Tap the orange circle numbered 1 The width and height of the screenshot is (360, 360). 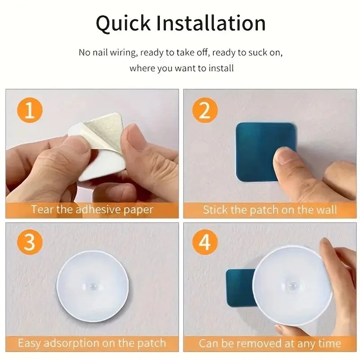coord(30,111)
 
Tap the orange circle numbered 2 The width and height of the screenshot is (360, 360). coord(205,111)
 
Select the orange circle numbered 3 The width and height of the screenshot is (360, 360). coord(30,243)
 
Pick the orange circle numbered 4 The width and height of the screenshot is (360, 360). coord(205,243)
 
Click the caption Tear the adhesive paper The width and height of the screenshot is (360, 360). coord(92,210)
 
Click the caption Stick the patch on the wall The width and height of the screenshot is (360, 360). coord(270,210)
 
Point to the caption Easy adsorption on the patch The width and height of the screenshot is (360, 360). coord(92,343)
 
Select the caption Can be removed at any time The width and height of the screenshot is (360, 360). coord(270,343)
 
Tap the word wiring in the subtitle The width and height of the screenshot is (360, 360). coord(124,53)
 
